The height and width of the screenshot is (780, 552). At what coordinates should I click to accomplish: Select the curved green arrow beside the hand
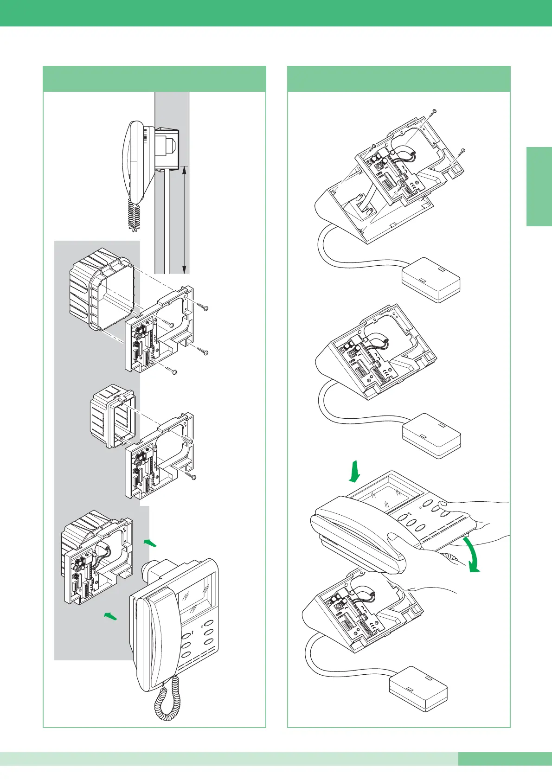coord(472,555)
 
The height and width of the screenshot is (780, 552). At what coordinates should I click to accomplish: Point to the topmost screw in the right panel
coord(434,111)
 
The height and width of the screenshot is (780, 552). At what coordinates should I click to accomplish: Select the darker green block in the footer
coord(505,759)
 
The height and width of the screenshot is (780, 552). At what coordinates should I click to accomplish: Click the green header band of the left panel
coord(154,79)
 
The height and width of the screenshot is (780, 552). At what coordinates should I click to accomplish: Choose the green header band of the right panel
coord(399,79)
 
